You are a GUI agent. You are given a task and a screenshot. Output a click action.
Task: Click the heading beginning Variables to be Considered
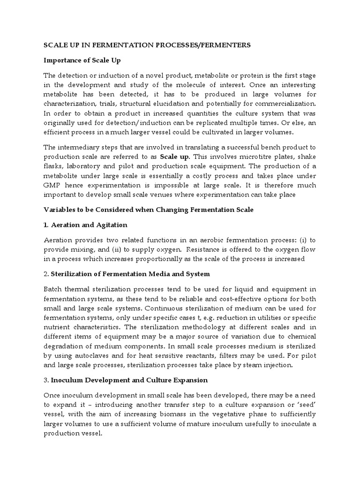(x=148, y=210)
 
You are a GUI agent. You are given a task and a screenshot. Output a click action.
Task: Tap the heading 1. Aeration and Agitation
(x=85, y=225)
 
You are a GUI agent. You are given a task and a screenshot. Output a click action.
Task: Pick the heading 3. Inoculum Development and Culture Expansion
(x=126, y=380)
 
